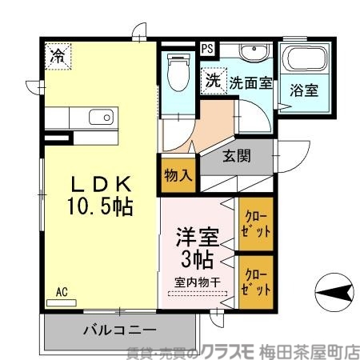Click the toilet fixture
177,72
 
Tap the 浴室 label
304,90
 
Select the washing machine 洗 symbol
212,80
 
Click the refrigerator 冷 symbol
58,55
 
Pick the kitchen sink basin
100,118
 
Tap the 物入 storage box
177,175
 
